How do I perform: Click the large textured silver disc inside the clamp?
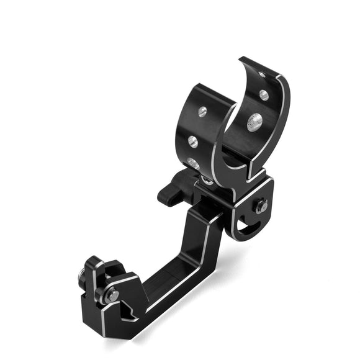[254, 122]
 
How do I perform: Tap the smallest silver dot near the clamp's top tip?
[261, 74]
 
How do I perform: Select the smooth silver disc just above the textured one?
[264, 95]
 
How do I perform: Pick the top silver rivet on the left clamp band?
[202, 111]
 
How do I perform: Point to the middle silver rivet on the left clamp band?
[192, 141]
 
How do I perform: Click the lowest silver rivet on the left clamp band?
[193, 163]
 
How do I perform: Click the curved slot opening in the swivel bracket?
[246, 229]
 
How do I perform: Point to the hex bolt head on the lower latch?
[112, 295]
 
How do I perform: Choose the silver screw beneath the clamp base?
[207, 179]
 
